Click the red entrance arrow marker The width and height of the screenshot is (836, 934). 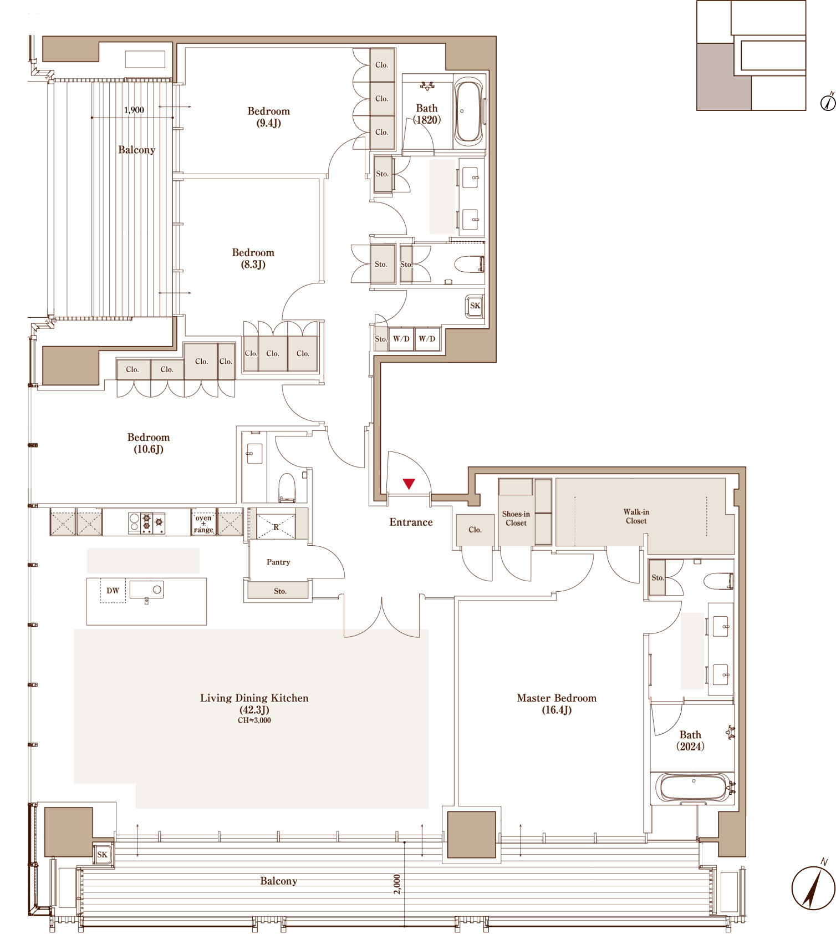pos(409,484)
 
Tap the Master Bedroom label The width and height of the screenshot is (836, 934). pos(557,704)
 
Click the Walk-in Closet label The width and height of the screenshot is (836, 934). pos(636,516)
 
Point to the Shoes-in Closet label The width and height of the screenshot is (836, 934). pos(516,519)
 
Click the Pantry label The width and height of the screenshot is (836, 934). pos(278,562)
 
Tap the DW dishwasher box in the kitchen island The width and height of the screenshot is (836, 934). pos(113,591)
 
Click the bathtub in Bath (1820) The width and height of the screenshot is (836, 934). pos(469,112)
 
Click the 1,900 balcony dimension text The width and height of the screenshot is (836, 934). pos(134,110)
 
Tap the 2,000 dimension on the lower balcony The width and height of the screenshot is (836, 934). pos(397,884)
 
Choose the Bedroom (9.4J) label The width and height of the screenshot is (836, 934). pos(268,117)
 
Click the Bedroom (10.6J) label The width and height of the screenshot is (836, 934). pos(149,443)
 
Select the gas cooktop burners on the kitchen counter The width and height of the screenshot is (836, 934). pos(146,522)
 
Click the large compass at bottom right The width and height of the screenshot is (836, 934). pos(813,888)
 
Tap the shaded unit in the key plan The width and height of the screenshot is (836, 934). pos(723,77)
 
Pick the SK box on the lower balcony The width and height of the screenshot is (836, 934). pos(103,855)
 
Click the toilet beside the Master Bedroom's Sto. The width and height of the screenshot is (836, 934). pos(718,581)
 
